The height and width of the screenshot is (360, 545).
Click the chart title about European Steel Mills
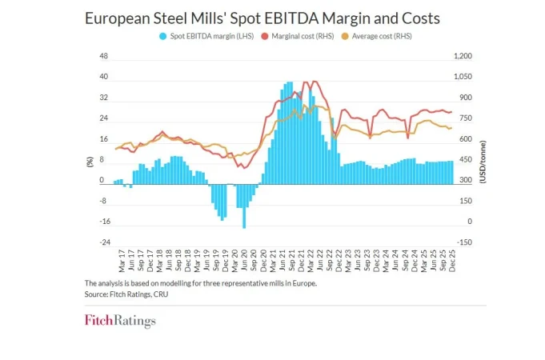(262, 17)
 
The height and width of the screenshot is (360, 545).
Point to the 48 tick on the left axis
(103, 57)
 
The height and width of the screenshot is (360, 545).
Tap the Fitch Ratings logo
(120, 322)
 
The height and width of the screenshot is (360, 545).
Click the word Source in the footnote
(96, 294)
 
